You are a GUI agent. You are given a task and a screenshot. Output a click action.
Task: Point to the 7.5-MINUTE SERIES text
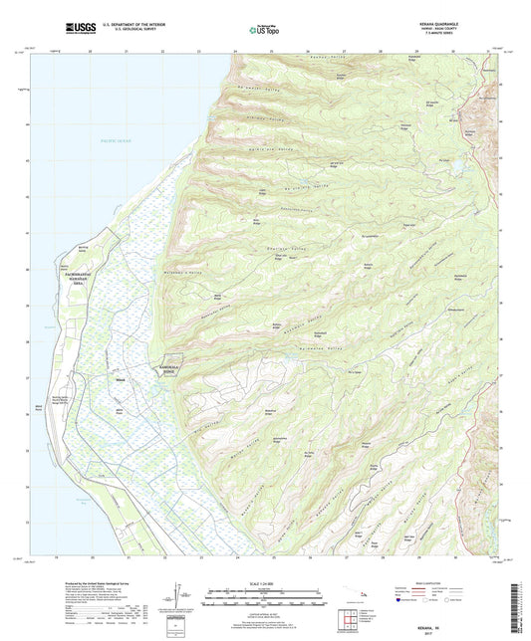pos(464,38)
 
